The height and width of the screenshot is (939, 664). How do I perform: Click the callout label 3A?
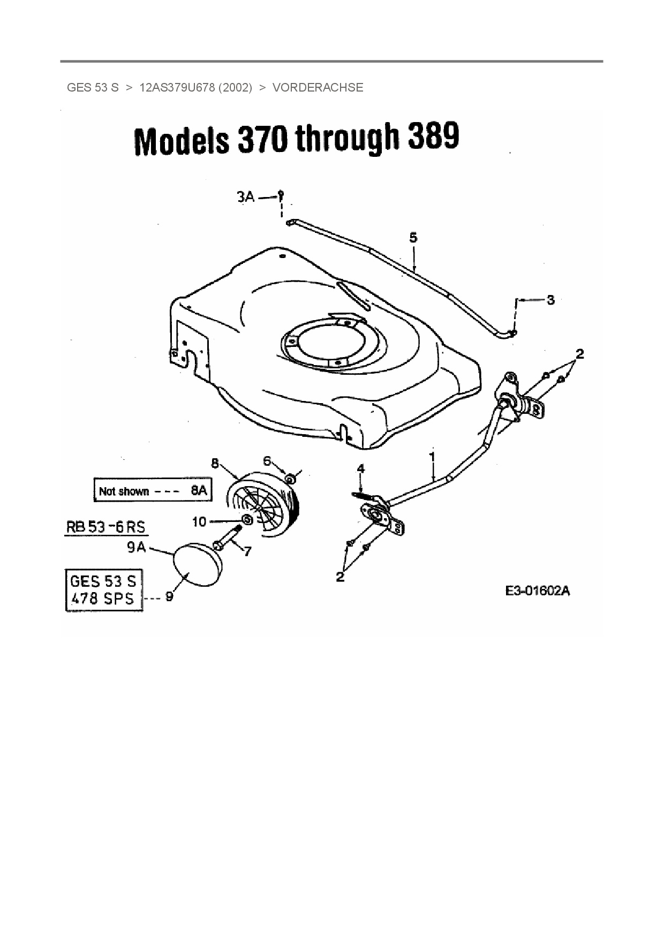245,198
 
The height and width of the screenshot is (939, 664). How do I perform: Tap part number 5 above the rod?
413,237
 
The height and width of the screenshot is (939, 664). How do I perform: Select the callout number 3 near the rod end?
550,300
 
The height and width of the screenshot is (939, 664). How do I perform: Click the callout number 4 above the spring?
361,469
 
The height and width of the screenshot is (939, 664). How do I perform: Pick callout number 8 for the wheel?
215,464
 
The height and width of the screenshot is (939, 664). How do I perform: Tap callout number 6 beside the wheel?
267,461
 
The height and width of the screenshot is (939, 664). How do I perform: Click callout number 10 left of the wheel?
199,521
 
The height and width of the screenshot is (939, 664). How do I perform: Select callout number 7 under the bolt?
247,551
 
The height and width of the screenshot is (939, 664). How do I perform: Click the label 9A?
135,548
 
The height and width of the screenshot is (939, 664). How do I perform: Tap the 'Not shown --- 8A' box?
152,490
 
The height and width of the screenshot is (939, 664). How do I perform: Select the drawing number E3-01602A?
537,591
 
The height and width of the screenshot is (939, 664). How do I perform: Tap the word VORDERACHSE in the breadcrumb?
318,87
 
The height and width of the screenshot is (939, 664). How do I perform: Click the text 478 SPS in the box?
103,599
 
